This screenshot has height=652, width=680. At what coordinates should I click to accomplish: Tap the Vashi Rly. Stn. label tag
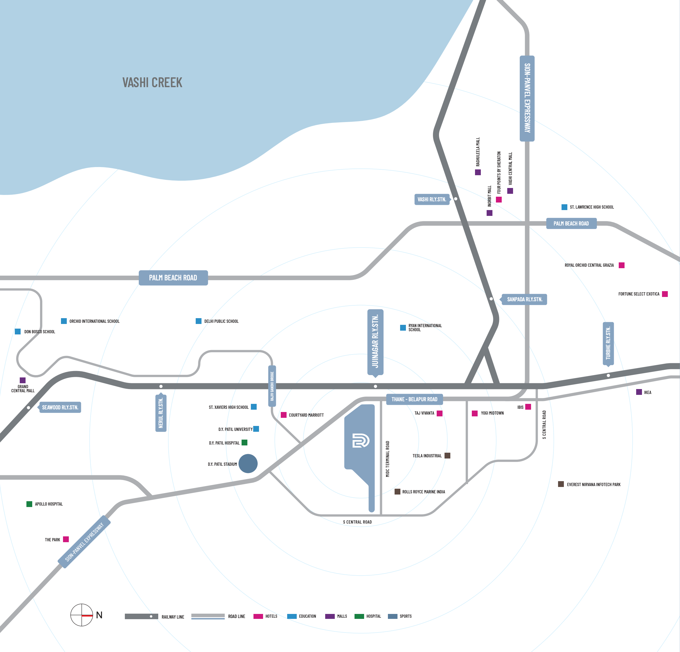(x=431, y=199)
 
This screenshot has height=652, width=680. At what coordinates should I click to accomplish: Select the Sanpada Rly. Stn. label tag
(x=524, y=299)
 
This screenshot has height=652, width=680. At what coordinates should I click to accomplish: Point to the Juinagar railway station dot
(x=375, y=386)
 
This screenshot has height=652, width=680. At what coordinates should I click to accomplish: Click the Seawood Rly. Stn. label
(x=60, y=407)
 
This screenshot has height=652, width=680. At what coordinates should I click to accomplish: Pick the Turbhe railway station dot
(x=608, y=375)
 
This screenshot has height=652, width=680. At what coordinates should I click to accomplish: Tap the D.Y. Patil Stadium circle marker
(x=248, y=463)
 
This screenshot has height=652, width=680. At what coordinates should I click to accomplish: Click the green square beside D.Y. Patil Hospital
(x=244, y=442)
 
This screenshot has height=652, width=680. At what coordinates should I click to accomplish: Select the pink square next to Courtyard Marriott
(x=283, y=415)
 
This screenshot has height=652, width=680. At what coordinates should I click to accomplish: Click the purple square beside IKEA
(x=639, y=392)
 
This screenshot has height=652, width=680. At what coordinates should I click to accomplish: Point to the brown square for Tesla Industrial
(x=447, y=456)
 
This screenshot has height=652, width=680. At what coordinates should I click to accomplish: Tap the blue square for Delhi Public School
(x=198, y=321)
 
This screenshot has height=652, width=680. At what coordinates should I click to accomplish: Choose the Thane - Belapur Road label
(x=414, y=399)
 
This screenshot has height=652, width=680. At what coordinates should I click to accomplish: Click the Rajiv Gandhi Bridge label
(x=272, y=386)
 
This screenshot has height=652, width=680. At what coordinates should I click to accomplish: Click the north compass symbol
(x=82, y=615)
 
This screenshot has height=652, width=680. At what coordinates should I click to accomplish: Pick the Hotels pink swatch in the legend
(x=258, y=616)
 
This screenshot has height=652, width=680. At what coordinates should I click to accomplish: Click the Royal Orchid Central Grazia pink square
(x=622, y=265)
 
